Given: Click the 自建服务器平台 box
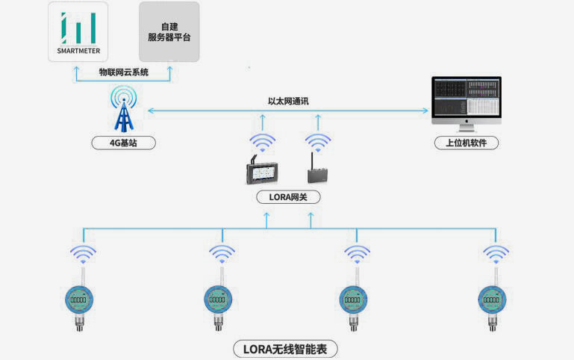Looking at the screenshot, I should [x=169, y=31].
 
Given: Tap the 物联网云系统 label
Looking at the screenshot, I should [x=124, y=72].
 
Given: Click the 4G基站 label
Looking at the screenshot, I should [x=124, y=143].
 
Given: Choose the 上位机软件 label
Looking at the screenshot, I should [x=467, y=143].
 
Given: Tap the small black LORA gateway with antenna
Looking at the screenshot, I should [x=317, y=171].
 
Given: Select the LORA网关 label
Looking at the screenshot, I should [x=287, y=198].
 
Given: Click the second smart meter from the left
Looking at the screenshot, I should [x=219, y=300].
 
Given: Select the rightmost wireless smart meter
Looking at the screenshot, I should [x=492, y=300].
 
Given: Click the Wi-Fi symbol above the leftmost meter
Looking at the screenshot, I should [x=83, y=253].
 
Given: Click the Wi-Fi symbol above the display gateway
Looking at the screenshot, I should [x=262, y=141].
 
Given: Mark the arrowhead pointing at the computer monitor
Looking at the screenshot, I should [x=428, y=111].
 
